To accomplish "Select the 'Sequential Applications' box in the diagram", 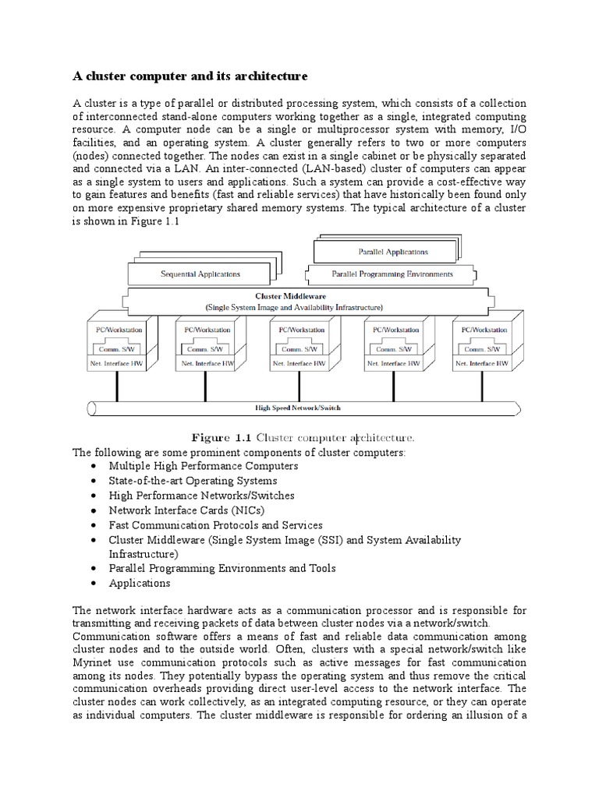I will (200, 274).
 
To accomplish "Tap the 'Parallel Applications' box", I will (392, 252).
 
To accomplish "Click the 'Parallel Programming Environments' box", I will (392, 274).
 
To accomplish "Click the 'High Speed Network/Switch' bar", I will (299, 408).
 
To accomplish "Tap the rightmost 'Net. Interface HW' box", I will (481, 363).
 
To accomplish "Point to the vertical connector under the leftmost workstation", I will (117, 386).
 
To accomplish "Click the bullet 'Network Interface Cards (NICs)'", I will (187, 510).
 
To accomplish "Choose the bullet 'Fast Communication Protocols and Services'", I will (215, 525).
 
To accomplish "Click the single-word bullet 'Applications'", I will (140, 583).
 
